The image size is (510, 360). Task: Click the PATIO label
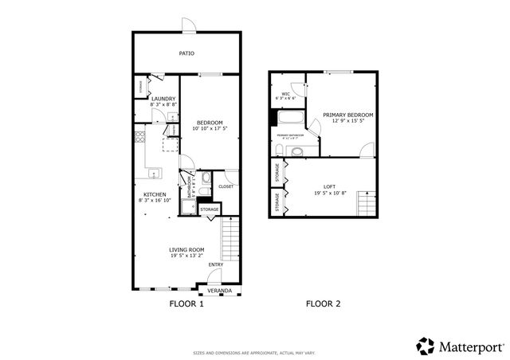coord(186,54)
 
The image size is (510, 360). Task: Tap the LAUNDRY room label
coord(151,99)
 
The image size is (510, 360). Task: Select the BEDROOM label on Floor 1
coord(209,122)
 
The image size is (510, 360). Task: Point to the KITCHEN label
coord(154,194)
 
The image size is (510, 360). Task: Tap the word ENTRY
coord(216,264)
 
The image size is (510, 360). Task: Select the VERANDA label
coord(220,291)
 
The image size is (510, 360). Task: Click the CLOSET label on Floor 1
coord(226,186)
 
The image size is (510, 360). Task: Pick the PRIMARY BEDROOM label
coord(348,115)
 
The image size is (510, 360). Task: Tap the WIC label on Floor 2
coord(285,93)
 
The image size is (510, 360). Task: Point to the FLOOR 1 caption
coord(187,304)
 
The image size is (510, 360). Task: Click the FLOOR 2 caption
coord(324,304)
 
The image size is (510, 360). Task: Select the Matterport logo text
coord(467,346)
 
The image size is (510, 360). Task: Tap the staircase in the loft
coord(366,205)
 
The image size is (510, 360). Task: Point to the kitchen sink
coord(154,172)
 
